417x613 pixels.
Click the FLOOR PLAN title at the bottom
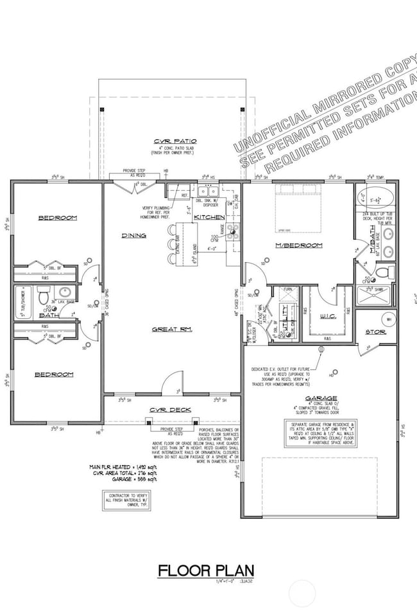(x=207, y=570)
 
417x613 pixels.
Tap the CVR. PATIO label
(x=175, y=141)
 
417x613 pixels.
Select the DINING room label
(x=134, y=236)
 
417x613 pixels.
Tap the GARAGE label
(x=321, y=398)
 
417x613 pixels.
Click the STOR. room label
(x=375, y=332)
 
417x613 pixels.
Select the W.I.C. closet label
(x=327, y=315)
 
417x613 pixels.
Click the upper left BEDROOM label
(x=57, y=218)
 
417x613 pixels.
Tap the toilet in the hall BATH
(x=42, y=298)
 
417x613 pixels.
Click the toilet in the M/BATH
(x=383, y=272)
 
